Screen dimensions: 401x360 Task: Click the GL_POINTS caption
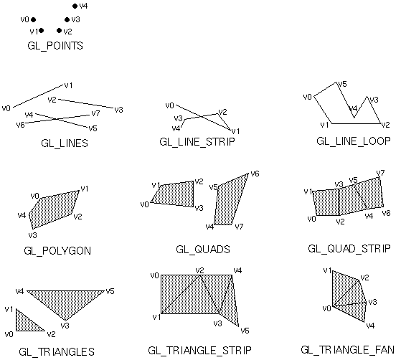(x=55, y=46)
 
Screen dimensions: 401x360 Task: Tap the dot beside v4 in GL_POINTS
(x=75, y=6)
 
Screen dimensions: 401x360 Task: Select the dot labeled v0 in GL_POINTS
(x=33, y=19)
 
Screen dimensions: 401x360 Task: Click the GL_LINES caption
(x=65, y=143)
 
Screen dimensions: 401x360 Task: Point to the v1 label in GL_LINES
(x=68, y=85)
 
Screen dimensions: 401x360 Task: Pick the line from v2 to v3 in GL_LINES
(x=86, y=103)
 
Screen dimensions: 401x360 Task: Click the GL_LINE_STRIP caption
(x=197, y=142)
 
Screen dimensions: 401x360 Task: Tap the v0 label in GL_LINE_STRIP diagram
(x=169, y=105)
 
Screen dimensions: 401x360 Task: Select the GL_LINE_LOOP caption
(x=354, y=141)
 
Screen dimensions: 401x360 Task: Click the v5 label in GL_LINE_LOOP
(x=342, y=84)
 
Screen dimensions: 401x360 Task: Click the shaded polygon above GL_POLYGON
(x=55, y=209)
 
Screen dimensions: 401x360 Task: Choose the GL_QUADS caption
(x=203, y=250)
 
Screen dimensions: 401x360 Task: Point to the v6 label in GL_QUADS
(x=255, y=174)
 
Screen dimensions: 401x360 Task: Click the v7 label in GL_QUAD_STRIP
(x=380, y=173)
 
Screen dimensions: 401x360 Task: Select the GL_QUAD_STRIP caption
(x=349, y=249)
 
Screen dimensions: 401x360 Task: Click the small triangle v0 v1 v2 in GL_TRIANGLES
(x=27, y=323)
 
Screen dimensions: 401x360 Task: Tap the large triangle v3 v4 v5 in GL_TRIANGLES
(x=65, y=301)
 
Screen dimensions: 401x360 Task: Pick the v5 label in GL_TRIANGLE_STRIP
(x=245, y=331)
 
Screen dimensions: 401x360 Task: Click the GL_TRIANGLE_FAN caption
(x=347, y=350)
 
